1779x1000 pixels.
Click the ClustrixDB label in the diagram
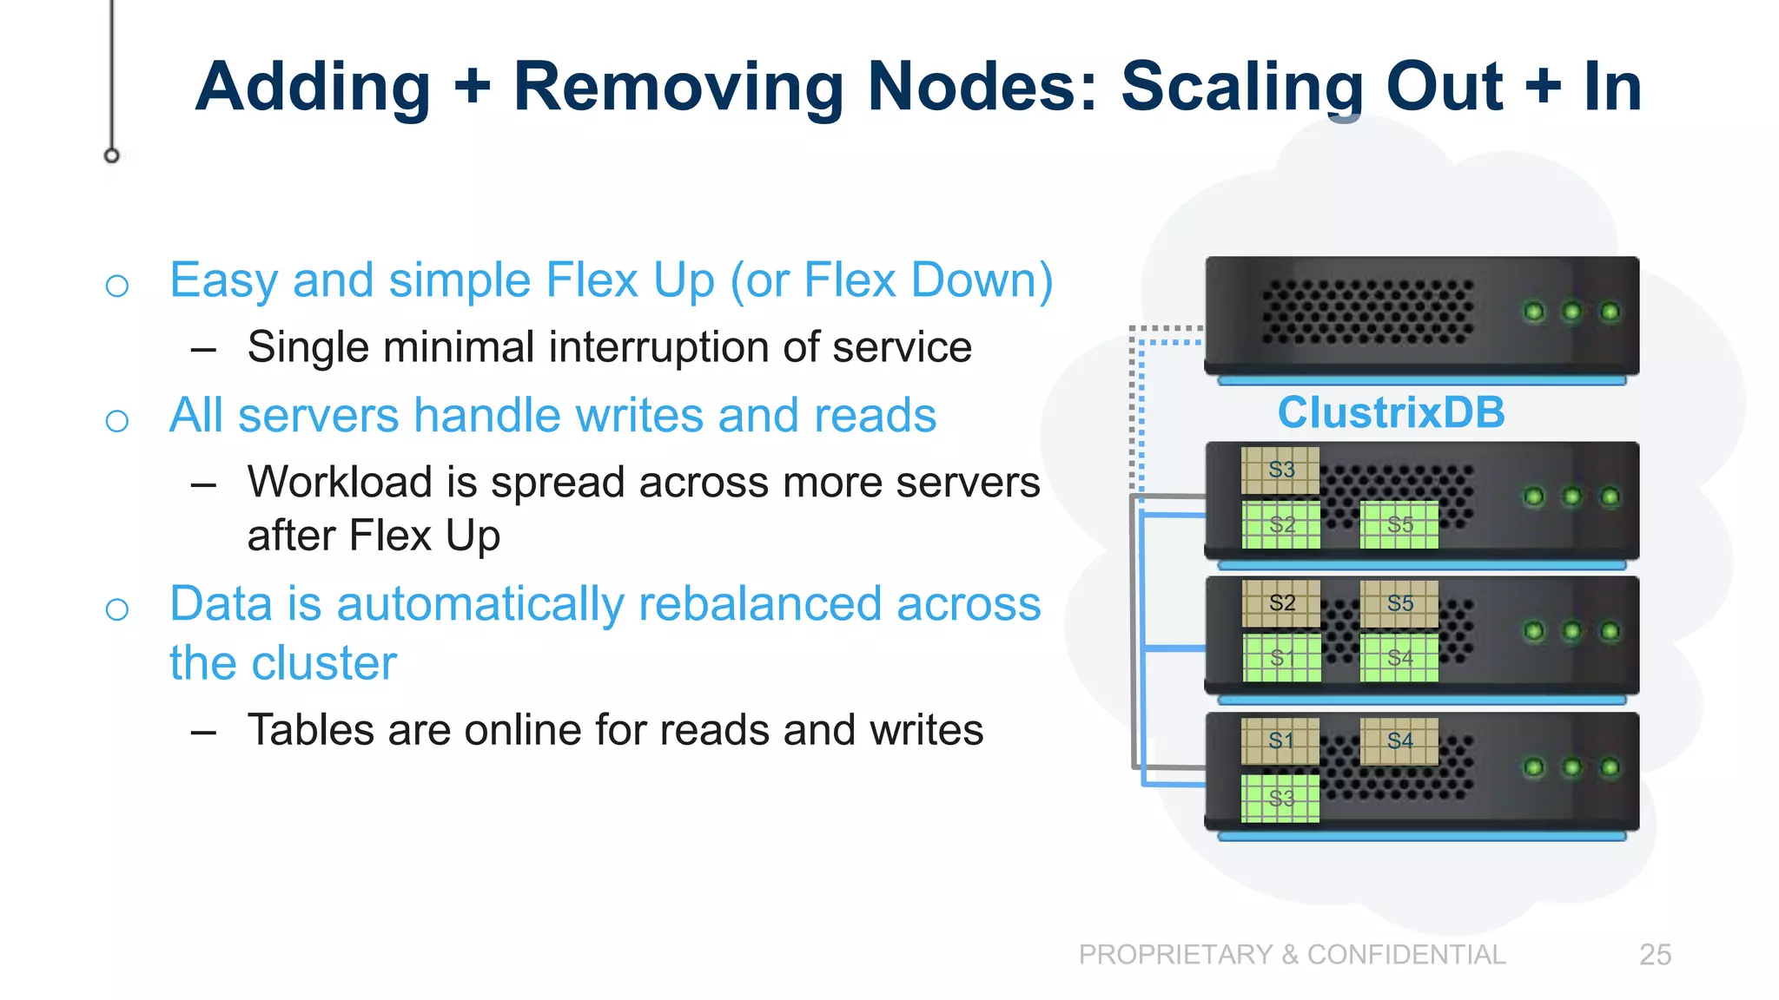[1391, 412]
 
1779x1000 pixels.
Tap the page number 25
[1655, 955]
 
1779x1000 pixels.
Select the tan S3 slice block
[1280, 470]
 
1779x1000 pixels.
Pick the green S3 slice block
[1280, 799]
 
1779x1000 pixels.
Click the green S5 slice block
[1399, 524]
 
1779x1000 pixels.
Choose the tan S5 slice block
[1399, 603]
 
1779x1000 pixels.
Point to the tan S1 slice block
[1280, 741]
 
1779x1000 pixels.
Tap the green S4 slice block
[1399, 658]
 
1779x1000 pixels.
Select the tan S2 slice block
[1281, 603]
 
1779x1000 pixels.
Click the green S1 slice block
[1281, 658]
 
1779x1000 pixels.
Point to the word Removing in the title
[678, 87]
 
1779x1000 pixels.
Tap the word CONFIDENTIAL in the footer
[1406, 955]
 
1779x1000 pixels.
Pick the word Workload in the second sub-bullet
[340, 483]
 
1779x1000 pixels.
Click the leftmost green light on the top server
[1534, 312]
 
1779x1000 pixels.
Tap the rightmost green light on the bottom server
[1610, 767]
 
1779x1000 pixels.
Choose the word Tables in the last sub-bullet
[311, 730]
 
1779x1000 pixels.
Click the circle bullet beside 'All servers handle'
[117, 421]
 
